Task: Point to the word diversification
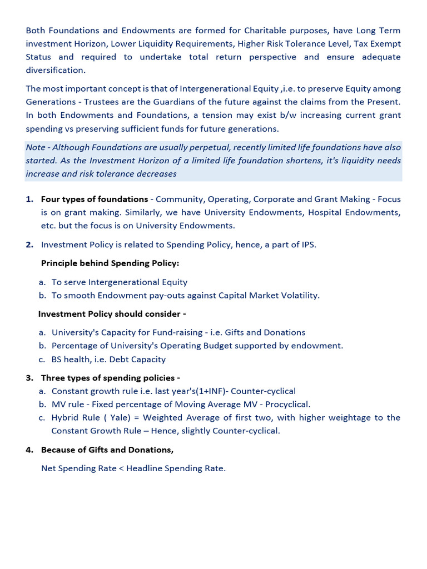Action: [x=55, y=70]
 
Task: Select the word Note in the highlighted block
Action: [x=36, y=147]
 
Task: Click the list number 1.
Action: [x=29, y=199]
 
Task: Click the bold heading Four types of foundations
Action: [x=95, y=199]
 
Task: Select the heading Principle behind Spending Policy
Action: [x=110, y=263]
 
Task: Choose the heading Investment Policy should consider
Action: [x=112, y=314]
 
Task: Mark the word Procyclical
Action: [x=287, y=404]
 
